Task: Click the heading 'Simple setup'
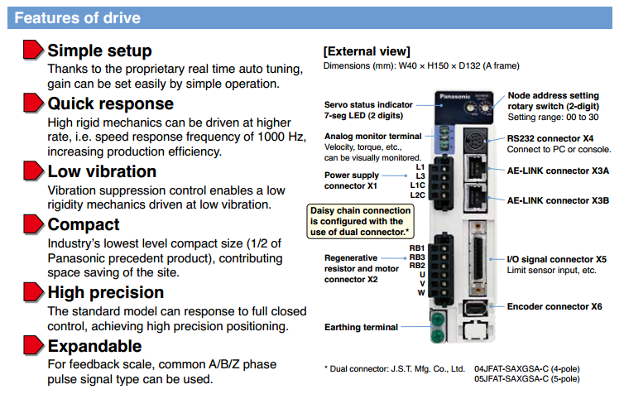[x=99, y=50]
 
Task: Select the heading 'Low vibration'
[x=102, y=171]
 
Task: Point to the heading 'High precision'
[x=106, y=292]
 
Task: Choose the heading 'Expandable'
[x=94, y=346]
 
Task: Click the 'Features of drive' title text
[x=78, y=17]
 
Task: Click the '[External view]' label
[x=366, y=51]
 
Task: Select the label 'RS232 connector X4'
[x=550, y=138]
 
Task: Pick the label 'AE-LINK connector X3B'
[x=558, y=200]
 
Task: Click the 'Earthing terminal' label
[x=361, y=327]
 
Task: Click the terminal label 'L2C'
[x=418, y=195]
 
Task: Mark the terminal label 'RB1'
[x=417, y=248]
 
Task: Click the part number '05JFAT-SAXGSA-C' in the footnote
[x=518, y=379]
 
